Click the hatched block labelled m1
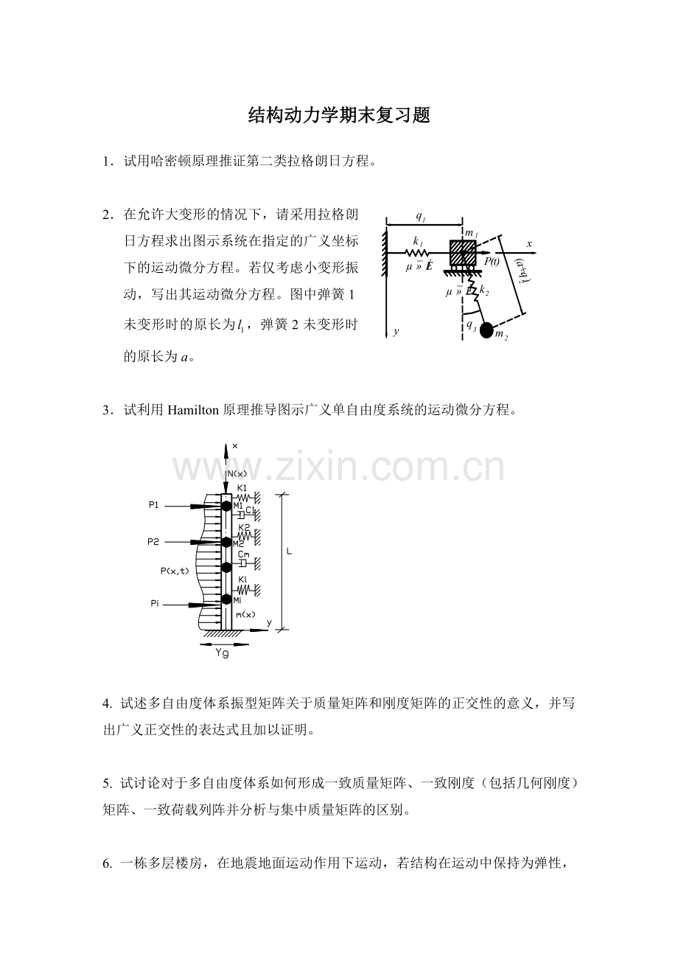click(463, 253)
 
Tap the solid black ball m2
click(486, 331)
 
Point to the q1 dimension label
click(421, 217)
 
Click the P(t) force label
click(492, 262)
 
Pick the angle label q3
click(471, 326)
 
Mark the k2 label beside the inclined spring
click(484, 291)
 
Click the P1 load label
click(153, 505)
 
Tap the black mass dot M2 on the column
click(226, 542)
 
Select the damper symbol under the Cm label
click(242, 563)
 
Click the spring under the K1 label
click(243, 498)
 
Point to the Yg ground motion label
click(222, 653)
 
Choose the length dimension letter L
click(289, 552)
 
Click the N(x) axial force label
click(237, 473)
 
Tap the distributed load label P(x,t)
click(175, 571)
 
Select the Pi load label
click(155, 604)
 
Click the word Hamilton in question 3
click(193, 410)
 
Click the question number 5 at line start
click(107, 784)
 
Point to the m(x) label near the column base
click(245, 615)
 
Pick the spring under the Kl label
click(244, 590)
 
